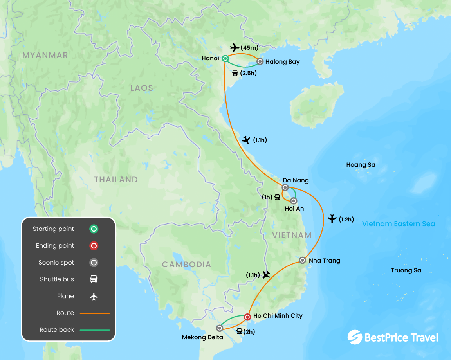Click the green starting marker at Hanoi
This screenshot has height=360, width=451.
coord(225,59)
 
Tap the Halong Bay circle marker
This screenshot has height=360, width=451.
coord(260,61)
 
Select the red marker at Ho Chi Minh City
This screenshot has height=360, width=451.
coord(247,317)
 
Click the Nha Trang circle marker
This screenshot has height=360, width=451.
coord(302,260)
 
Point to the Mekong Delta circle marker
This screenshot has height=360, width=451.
coord(220,328)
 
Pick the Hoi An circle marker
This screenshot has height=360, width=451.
coord(294,201)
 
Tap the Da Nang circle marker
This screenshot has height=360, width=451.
coord(285,187)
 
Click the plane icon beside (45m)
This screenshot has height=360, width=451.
coord(235,48)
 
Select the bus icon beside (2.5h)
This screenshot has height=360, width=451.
coord(235,73)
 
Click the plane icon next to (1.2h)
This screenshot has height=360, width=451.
coord(332,219)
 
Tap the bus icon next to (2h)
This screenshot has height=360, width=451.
coord(239,332)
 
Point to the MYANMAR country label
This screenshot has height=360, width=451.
coord(45,55)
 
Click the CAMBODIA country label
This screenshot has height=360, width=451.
coord(187,265)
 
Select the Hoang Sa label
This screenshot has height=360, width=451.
coord(361,165)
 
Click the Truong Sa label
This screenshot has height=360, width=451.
coord(406,270)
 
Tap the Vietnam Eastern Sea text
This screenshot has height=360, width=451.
coord(399,224)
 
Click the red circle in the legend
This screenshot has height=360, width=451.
coord(94,246)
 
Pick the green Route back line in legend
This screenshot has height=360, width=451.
coord(94,330)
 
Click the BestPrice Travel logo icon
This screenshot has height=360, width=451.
coord(355,337)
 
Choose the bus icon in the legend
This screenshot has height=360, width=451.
coord(94,279)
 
